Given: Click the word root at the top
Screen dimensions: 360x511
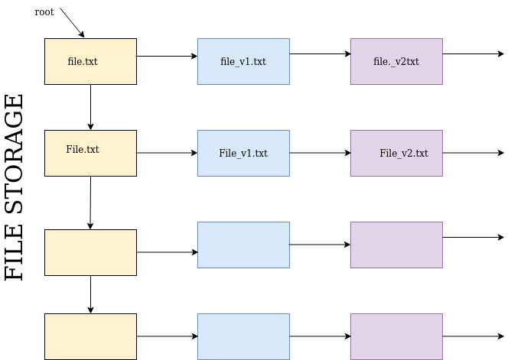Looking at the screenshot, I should point(44,12).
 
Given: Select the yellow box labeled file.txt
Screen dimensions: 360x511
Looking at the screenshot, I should point(90,61).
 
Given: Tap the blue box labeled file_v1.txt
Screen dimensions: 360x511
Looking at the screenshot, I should point(243,61).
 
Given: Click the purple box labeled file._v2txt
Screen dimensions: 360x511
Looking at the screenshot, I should point(396,61).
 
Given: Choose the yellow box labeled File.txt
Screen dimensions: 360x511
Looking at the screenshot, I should point(90,153).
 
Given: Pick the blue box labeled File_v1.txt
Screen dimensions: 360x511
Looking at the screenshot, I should point(243,153).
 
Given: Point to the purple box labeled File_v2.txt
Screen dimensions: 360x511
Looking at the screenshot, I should point(396,153).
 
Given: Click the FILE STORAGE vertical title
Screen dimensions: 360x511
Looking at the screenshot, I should point(15,187).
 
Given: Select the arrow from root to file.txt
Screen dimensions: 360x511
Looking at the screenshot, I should point(72,23).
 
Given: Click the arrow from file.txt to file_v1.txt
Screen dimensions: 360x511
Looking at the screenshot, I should point(167,56).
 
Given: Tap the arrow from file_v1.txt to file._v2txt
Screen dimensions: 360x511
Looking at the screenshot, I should point(320,54).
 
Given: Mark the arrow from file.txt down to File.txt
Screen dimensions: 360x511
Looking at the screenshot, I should point(90,107).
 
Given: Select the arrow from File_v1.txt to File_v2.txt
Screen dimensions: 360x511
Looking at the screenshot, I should point(320,153).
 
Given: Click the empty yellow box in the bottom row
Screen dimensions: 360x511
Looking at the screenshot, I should point(90,336).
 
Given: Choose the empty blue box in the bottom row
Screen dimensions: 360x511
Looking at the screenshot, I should point(243,336).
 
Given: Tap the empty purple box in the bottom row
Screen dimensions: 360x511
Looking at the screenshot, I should point(396,336).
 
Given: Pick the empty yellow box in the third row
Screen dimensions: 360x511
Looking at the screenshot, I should point(90,252).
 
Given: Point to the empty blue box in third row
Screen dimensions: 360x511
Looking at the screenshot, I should point(243,245).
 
